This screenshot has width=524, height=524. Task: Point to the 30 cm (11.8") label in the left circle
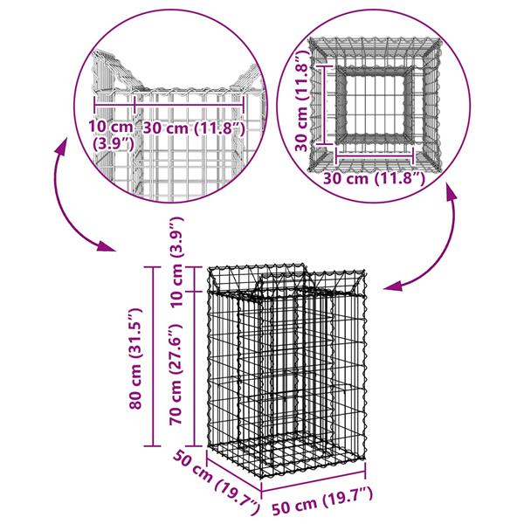point(191,128)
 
